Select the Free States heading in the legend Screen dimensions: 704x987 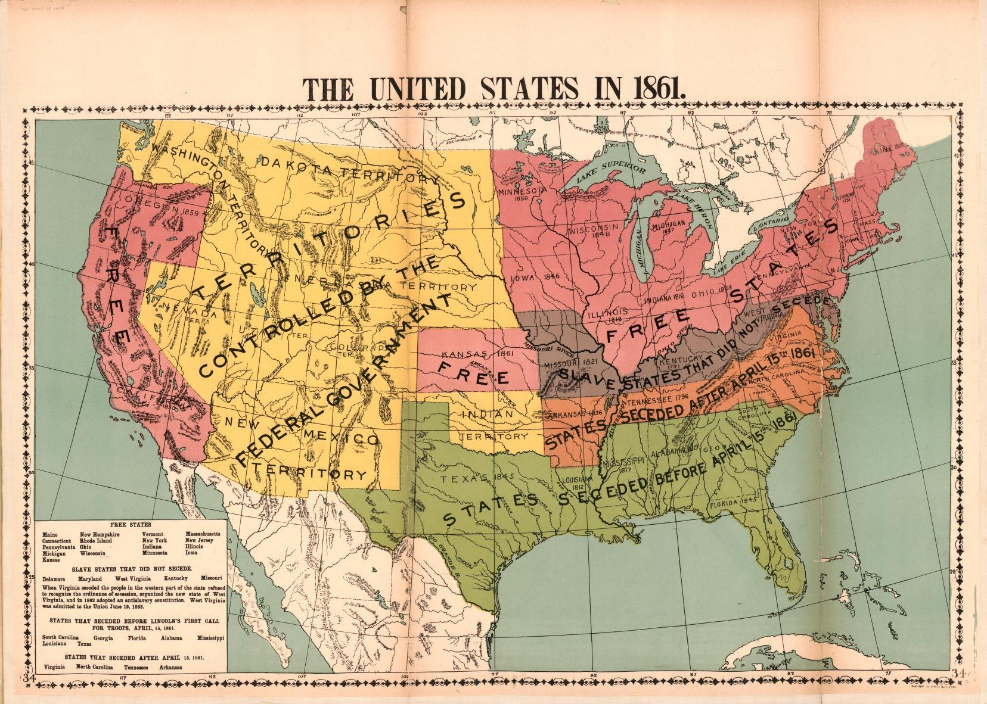[x=130, y=526]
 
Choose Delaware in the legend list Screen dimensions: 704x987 [x=55, y=578]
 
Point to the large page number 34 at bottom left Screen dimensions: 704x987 [x=29, y=676]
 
